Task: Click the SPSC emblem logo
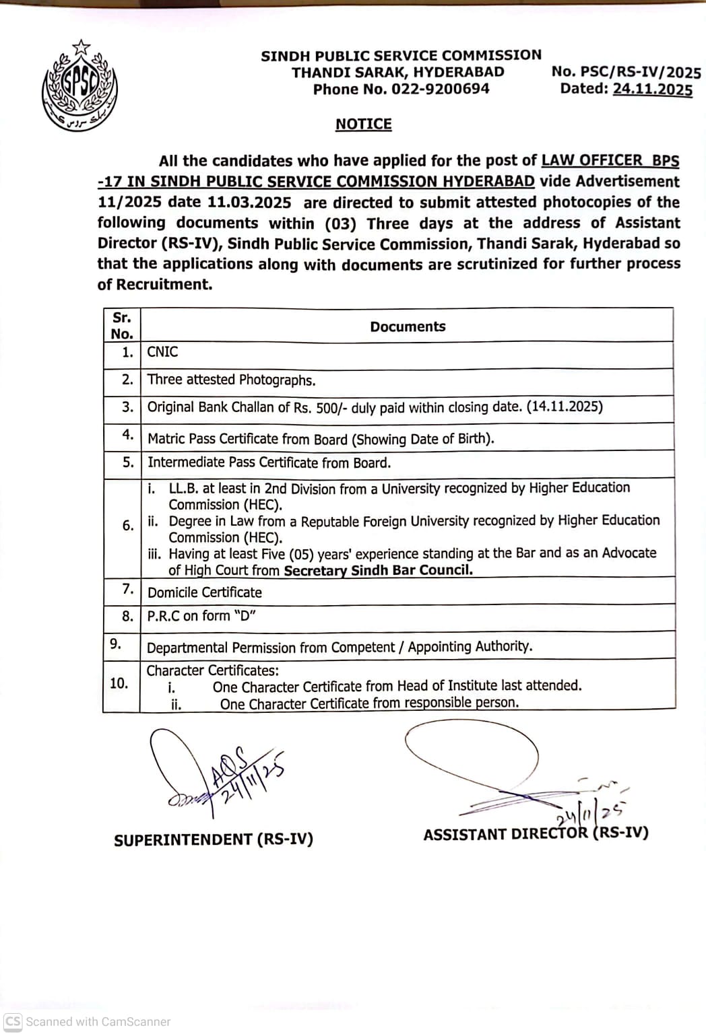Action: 79,85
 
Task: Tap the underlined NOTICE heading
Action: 363,125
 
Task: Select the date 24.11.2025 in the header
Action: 652,90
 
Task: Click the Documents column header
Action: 408,326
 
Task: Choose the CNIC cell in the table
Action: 162,352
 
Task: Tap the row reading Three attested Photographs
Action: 231,380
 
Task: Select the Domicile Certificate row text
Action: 205,592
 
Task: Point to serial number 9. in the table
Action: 116,644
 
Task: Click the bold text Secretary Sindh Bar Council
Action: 378,570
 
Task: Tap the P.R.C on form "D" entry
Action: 201,616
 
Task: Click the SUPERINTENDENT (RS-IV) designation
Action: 214,840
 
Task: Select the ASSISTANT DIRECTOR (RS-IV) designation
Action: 536,834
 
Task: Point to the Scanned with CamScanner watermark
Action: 88,1021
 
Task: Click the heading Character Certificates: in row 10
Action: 212,670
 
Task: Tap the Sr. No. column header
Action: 122,326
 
